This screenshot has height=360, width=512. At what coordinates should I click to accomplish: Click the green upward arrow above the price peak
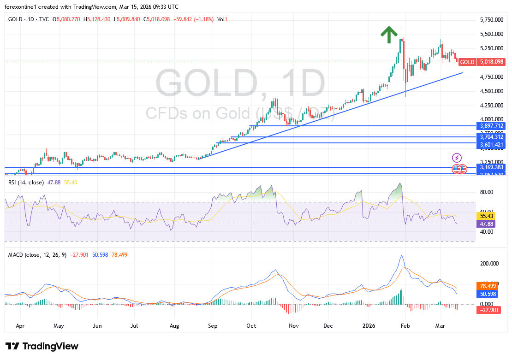pos(389,35)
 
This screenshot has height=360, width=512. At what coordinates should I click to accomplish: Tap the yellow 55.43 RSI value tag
pos(487,215)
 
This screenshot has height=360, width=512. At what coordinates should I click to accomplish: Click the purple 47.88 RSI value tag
pos(487,223)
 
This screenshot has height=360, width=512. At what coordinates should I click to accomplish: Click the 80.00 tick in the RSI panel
pos(487,192)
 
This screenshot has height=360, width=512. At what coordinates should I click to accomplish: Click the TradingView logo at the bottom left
pos(42,346)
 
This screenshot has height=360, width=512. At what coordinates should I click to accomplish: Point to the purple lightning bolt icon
pos(457,158)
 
